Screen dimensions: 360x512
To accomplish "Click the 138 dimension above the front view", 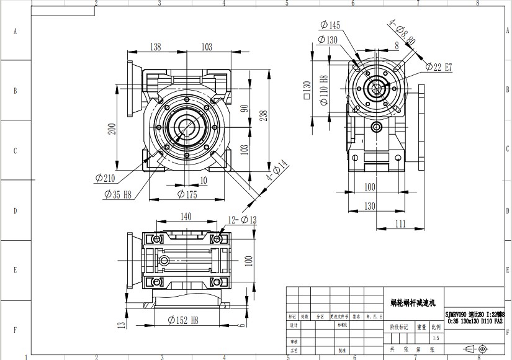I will (156, 47).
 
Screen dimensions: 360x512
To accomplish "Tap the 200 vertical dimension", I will (112, 128).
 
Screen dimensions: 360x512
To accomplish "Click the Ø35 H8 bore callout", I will (117, 194).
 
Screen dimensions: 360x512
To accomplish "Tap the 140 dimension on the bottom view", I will (185, 217).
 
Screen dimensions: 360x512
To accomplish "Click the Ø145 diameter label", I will (330, 25).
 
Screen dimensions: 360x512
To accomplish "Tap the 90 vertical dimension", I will (244, 108).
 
